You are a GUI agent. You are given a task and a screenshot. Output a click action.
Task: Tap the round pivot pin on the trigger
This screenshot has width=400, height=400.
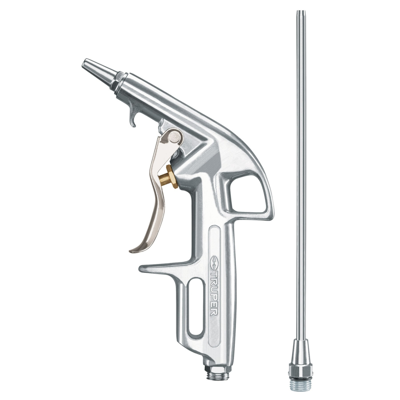(x=173, y=137)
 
